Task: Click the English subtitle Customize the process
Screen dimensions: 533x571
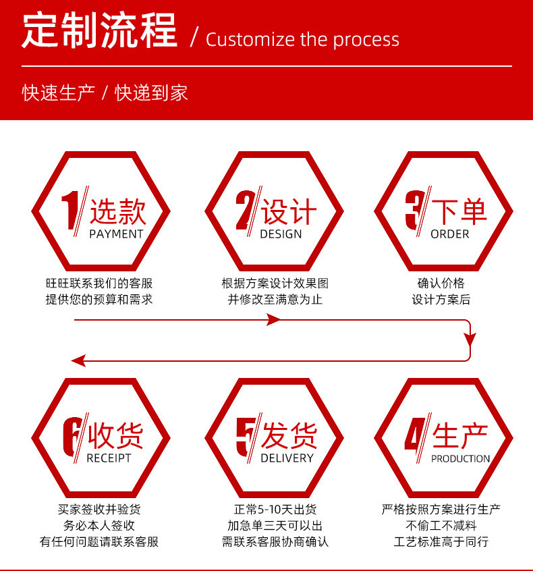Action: pyautogui.click(x=302, y=39)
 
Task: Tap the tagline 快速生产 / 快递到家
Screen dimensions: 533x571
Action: pyautogui.click(x=105, y=92)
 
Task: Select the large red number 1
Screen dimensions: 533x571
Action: pyautogui.click(x=72, y=210)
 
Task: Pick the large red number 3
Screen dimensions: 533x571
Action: pyautogui.click(x=414, y=210)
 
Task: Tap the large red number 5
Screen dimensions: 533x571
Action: pyautogui.click(x=245, y=435)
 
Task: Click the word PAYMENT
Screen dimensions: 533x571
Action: pyautogui.click(x=116, y=234)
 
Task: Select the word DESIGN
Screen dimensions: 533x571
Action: pyautogui.click(x=281, y=234)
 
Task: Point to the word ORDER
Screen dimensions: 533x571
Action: pyautogui.click(x=449, y=234)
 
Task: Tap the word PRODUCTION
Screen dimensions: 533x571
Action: pyautogui.click(x=460, y=459)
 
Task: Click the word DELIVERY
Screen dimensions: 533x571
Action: pyautogui.click(x=287, y=458)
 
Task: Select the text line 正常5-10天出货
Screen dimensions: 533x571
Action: pyautogui.click(x=275, y=510)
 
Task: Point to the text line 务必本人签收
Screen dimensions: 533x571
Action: pyautogui.click(x=99, y=526)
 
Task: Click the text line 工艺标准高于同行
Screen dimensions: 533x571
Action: pyautogui.click(x=441, y=542)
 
